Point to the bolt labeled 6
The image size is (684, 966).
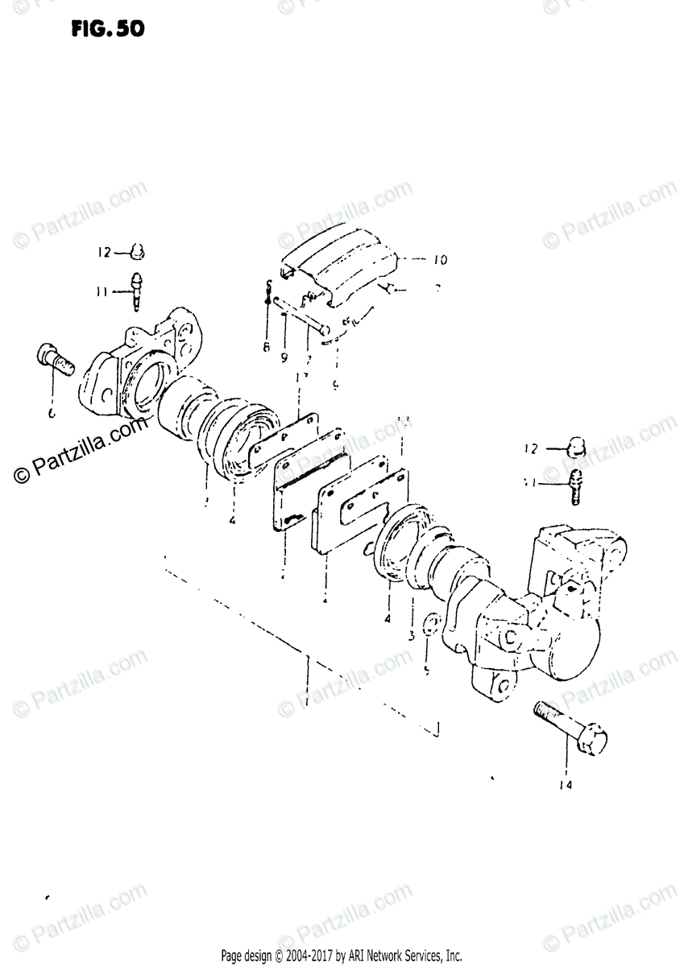coord(55,367)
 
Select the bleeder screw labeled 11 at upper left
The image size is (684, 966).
coord(136,291)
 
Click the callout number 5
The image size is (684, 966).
coord(428,667)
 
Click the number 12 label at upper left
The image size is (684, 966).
coord(106,252)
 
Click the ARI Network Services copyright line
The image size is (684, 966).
coord(342,956)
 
